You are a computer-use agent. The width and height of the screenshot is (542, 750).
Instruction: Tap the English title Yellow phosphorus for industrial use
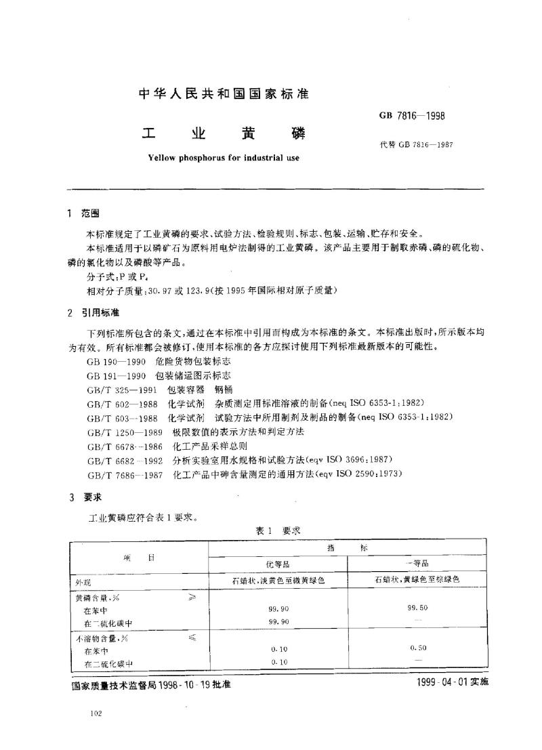tap(223, 158)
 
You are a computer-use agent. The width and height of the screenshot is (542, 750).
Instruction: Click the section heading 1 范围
tap(85, 213)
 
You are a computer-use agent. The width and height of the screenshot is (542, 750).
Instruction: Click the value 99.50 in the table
tap(417, 608)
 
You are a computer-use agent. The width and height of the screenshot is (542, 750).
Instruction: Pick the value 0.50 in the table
tap(417, 648)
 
